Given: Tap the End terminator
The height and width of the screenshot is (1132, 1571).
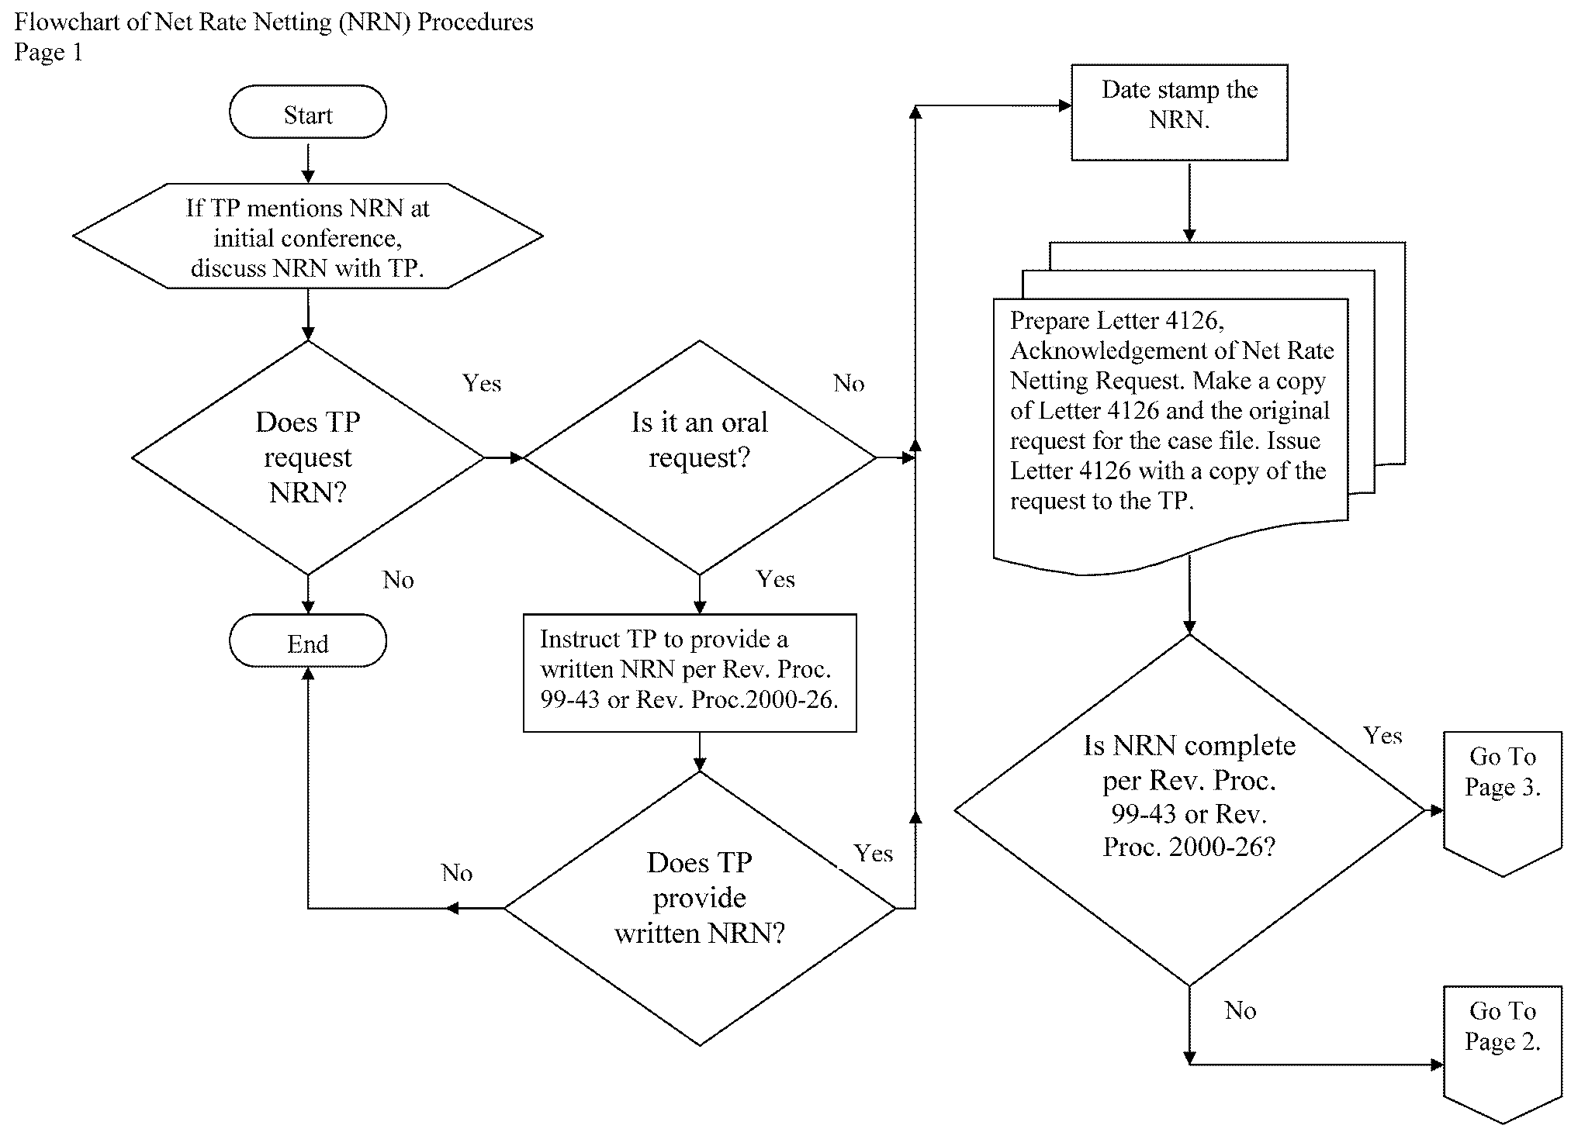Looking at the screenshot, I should (307, 641).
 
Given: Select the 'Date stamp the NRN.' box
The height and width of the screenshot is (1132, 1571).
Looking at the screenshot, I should (1179, 112).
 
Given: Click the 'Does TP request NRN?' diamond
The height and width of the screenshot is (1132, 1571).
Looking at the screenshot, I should (307, 457).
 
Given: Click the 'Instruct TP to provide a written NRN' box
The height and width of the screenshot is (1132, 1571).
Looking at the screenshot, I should (689, 672).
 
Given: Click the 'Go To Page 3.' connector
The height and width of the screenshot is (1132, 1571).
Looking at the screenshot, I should (1502, 799).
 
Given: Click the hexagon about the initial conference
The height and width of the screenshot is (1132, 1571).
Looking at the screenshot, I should (307, 236).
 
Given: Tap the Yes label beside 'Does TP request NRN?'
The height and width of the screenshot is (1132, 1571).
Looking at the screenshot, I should (482, 383).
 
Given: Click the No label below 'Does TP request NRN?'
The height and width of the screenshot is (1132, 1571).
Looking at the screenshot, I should (398, 580).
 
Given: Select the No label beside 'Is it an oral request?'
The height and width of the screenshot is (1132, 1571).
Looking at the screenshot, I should (849, 383).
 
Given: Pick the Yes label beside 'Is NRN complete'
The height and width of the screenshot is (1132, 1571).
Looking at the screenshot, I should (1382, 735).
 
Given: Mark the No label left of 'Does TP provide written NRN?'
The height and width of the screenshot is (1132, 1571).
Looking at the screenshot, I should (457, 873).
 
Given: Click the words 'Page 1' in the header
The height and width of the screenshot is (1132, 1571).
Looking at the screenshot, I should (48, 52).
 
